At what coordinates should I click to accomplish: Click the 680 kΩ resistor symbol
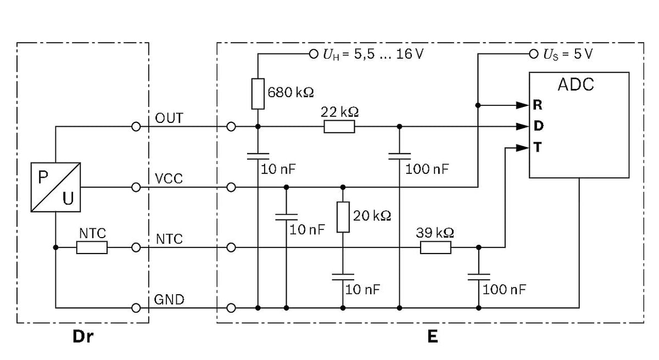pos(258,94)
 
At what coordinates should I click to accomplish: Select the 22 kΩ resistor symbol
pos(339,127)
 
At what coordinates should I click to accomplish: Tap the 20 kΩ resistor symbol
pos(343,217)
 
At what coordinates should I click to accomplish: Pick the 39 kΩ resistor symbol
pos(435,248)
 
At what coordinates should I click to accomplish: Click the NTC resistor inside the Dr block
pos(92,248)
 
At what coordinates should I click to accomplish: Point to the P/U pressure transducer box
pos(55,187)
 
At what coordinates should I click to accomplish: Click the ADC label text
pos(576,85)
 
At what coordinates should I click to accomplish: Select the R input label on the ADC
pos(538,105)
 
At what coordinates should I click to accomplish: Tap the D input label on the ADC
pos(538,126)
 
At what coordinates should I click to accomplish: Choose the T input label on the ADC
pos(538,147)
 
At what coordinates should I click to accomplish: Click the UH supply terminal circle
pos(314,54)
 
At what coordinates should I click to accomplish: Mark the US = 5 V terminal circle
pos(534,54)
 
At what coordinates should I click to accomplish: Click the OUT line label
pos(169,118)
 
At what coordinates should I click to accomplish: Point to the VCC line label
pos(169,179)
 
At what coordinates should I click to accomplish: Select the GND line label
pos(169,300)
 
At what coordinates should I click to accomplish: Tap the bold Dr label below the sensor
pos(83,337)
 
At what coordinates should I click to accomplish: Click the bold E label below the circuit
pos(433,337)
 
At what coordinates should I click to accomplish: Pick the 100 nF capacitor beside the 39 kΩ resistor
pos(479,277)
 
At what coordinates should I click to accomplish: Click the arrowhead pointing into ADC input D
pos(523,127)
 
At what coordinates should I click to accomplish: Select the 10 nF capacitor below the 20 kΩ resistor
pos(343,277)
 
